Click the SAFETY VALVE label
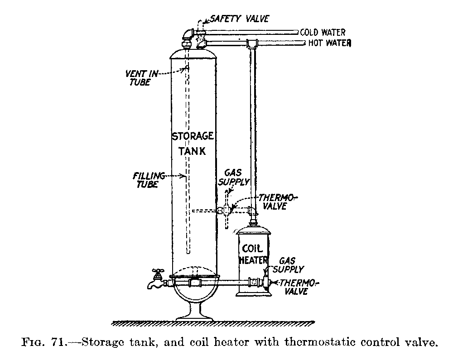[x=239, y=19]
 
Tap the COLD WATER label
[x=323, y=33]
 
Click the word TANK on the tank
[x=194, y=151]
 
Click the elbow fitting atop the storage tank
[x=187, y=35]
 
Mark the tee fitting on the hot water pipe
[x=252, y=43]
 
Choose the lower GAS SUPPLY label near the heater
[x=291, y=265]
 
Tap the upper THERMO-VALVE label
[x=277, y=202]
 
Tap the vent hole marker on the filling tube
[x=186, y=68]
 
